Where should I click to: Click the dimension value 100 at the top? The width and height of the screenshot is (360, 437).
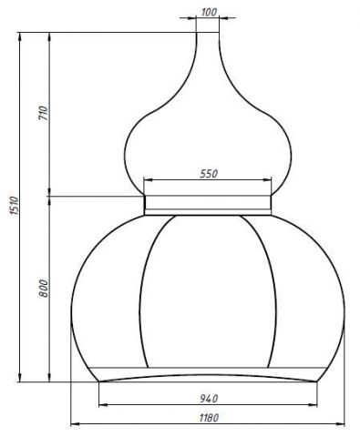[209, 12]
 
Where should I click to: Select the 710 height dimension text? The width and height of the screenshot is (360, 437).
[44, 113]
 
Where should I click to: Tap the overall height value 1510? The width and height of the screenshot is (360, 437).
[14, 206]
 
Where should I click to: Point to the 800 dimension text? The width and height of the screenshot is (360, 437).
[44, 289]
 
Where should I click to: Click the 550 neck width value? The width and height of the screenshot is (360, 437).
[209, 174]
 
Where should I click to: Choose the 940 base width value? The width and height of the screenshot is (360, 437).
[209, 399]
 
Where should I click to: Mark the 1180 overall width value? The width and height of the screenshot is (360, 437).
[209, 418]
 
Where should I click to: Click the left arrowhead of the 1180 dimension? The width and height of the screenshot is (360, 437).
[75, 423]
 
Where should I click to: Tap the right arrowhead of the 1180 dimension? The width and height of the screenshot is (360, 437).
[340, 423]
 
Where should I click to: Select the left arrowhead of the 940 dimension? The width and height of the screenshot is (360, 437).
[104, 404]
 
